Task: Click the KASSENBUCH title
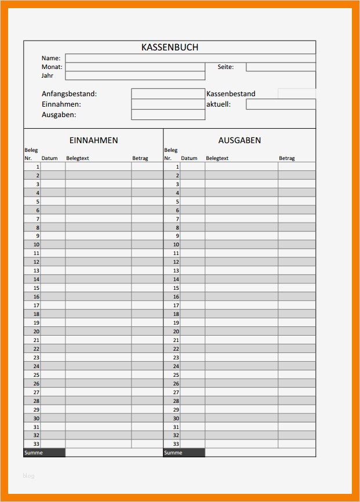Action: tap(170, 48)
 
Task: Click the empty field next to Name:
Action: tap(190, 58)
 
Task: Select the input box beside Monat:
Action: tap(135, 67)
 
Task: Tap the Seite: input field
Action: tap(281, 67)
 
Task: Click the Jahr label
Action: tap(47, 75)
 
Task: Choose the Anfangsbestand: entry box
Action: tap(168, 93)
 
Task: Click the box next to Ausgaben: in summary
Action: tap(168, 115)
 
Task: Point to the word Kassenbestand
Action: tap(231, 93)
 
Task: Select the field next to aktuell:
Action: tap(281, 104)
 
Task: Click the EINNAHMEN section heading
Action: tap(93, 140)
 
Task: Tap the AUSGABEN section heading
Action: tap(239, 140)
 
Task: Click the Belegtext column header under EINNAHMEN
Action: tap(78, 158)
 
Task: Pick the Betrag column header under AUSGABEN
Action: tap(287, 158)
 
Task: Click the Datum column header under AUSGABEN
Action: tap(189, 158)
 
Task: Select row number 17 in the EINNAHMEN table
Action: tap(37, 305)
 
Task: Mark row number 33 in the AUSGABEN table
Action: tap(176, 444)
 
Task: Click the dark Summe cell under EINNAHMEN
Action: tap(44, 453)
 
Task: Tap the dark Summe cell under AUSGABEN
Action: tap(184, 453)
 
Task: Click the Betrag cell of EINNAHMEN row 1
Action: tap(147, 166)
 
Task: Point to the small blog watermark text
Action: tap(28, 476)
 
